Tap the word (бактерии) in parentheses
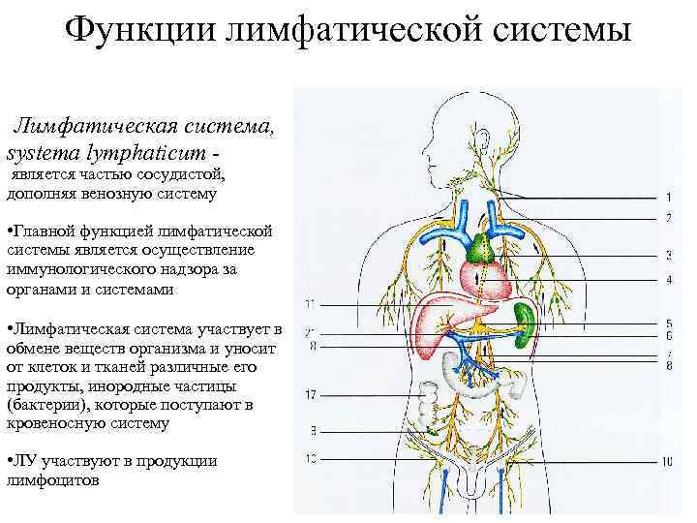pos(40,406)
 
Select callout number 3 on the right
pos(669,255)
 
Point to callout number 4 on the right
pos(669,280)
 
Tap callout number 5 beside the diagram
pos(669,323)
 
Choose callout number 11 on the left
pos(309,305)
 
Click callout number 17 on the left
pos(310,394)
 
